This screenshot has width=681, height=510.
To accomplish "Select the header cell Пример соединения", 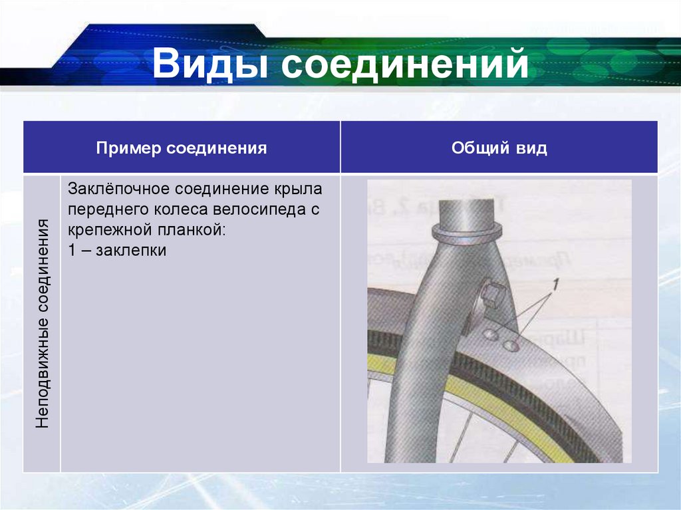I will click(x=181, y=148).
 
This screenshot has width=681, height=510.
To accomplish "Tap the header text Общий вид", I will click(x=499, y=148).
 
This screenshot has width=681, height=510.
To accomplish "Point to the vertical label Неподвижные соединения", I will click(x=43, y=323).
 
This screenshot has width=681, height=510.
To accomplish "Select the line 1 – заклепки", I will click(x=116, y=251).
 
